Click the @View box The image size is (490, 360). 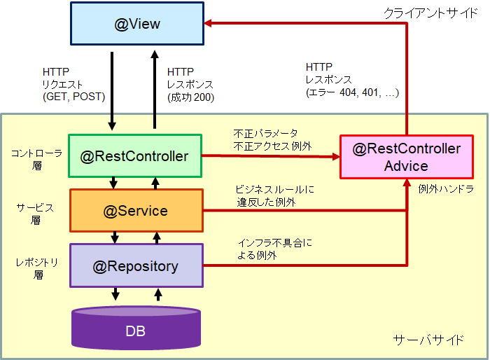click(x=137, y=25)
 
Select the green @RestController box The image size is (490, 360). click(x=135, y=156)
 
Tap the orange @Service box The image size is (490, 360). click(x=135, y=211)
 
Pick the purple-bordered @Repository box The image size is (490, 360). click(x=135, y=266)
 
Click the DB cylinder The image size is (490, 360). click(x=135, y=328)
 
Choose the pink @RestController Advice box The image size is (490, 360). click(x=406, y=158)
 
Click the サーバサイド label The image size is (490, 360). click(x=428, y=340)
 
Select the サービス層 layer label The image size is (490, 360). click(x=35, y=212)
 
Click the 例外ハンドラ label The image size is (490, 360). click(x=448, y=189)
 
